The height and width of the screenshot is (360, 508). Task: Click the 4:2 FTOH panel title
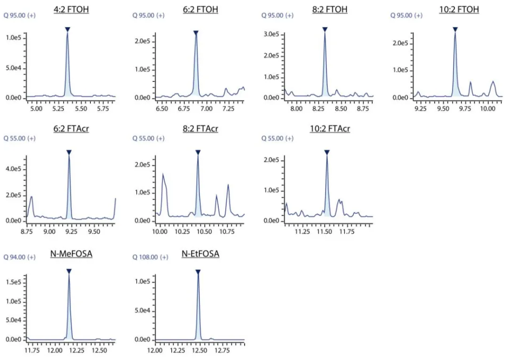point(71,9)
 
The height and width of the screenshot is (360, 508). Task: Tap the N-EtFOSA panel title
point(200,255)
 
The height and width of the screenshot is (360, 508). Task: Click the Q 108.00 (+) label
point(149,257)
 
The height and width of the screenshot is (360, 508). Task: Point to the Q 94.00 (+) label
point(19,257)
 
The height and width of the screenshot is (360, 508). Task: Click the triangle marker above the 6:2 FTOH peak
point(196,32)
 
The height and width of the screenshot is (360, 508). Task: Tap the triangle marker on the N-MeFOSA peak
point(69,271)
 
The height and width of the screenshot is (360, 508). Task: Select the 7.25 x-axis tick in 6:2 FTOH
point(228,109)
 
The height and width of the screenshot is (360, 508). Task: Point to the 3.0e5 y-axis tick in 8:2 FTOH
point(271,34)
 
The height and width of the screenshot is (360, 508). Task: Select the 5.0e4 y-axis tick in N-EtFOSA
point(143,311)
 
